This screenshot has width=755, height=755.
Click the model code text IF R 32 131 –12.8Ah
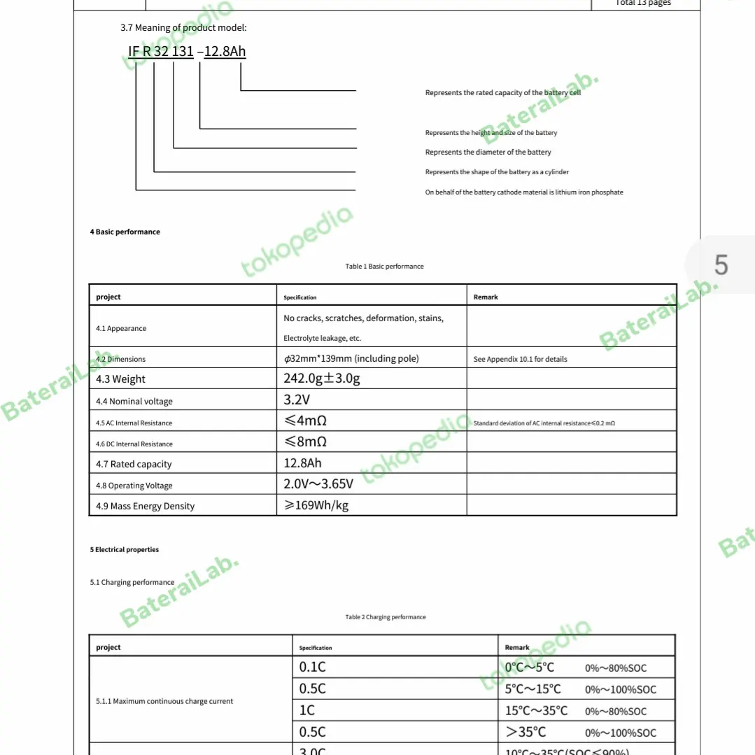[x=187, y=52]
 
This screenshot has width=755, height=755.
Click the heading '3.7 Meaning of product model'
[x=183, y=28]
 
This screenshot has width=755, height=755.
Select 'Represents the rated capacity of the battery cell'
[x=502, y=93]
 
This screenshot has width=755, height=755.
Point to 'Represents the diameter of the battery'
[x=488, y=153]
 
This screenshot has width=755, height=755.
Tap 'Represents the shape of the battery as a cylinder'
[x=497, y=172]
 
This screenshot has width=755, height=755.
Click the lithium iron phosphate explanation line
[x=523, y=192]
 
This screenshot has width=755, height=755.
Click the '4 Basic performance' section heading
[x=125, y=232]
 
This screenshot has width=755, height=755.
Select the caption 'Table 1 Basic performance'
[x=384, y=267]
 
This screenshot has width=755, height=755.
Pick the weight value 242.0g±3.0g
[x=322, y=379]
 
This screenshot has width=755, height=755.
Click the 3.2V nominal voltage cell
[x=297, y=400]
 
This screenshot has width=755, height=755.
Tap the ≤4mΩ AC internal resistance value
[x=306, y=421]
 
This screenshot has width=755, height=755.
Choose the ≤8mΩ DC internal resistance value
[x=306, y=442]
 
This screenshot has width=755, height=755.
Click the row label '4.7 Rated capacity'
[x=134, y=465]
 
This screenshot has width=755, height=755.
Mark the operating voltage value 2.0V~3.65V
[x=318, y=484]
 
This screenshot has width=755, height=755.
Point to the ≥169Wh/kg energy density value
[x=316, y=505]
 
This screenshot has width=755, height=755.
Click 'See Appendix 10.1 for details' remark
[x=520, y=360]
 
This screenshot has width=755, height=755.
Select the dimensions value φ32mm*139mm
[x=351, y=359]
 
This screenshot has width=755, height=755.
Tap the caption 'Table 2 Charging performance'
[x=386, y=617]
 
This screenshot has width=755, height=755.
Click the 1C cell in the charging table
[x=307, y=710]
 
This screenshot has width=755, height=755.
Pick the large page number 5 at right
[x=721, y=265]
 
